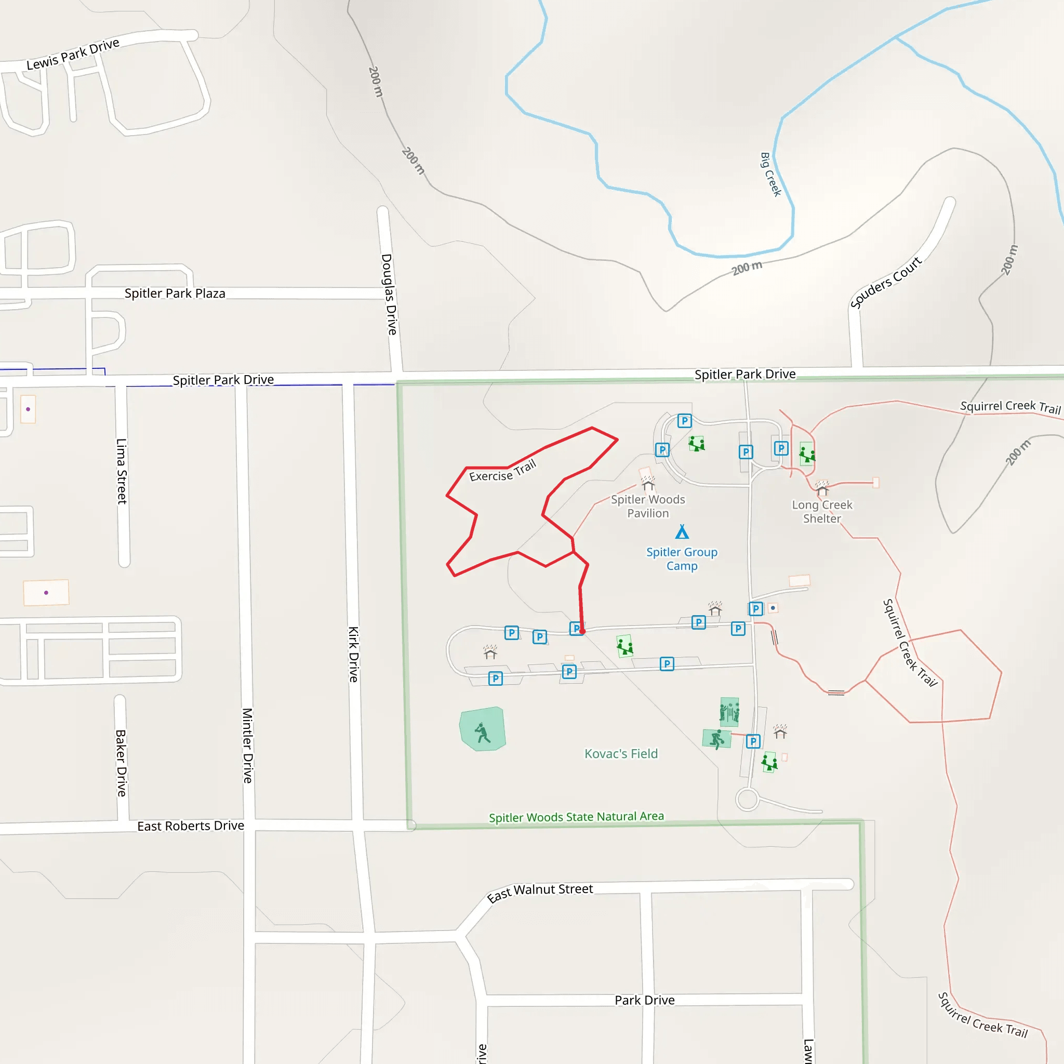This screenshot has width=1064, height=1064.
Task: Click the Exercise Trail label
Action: (x=502, y=471)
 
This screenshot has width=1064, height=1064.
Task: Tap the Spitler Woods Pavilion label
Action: (x=648, y=506)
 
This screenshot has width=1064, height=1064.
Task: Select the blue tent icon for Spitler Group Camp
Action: (x=682, y=532)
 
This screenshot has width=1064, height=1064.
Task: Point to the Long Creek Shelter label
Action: (x=822, y=512)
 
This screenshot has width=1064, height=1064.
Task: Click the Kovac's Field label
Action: (x=621, y=753)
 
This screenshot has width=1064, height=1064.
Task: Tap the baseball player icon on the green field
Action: (x=483, y=733)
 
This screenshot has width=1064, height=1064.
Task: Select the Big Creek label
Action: (x=770, y=175)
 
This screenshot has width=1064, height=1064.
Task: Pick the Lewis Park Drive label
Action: (x=73, y=54)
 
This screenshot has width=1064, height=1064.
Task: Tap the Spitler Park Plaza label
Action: (x=175, y=294)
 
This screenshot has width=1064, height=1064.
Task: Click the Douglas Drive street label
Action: (x=389, y=294)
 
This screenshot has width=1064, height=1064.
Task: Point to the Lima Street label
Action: (x=122, y=471)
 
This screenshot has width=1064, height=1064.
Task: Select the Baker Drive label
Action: (x=121, y=763)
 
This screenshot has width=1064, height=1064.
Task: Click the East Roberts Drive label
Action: (x=191, y=826)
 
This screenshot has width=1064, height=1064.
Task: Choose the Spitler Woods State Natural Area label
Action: (x=576, y=817)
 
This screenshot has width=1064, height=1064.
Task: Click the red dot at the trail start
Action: (x=582, y=632)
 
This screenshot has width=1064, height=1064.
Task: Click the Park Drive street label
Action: (x=644, y=1000)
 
